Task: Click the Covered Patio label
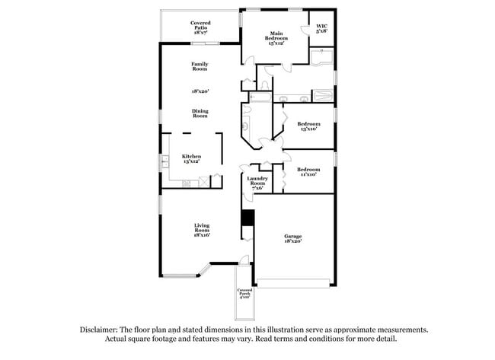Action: click(x=201, y=28)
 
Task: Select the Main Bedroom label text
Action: click(x=276, y=39)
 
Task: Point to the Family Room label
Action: click(x=200, y=66)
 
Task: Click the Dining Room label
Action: click(x=200, y=113)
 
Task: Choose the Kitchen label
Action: click(x=191, y=158)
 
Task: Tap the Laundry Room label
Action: click(x=257, y=183)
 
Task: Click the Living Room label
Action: click(x=201, y=229)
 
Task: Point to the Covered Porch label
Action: click(x=244, y=293)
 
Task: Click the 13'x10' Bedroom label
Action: click(x=308, y=126)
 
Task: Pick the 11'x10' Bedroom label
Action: click(x=308, y=171)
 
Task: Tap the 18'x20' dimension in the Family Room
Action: click(x=200, y=91)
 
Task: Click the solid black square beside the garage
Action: click(x=246, y=218)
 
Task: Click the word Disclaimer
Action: click(x=102, y=330)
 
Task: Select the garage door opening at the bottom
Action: click(x=293, y=285)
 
